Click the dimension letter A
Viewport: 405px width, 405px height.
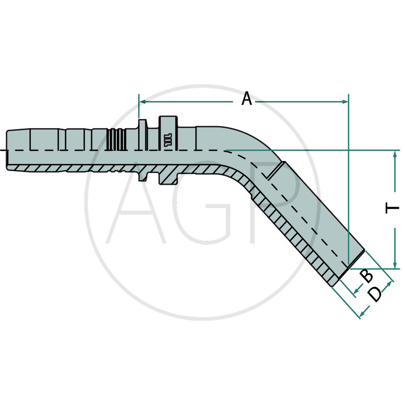pos(247,98)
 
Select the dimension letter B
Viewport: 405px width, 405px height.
pos(367,276)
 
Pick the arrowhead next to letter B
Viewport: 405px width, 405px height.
pos(357,290)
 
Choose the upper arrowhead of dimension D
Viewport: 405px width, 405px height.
pos(390,285)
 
